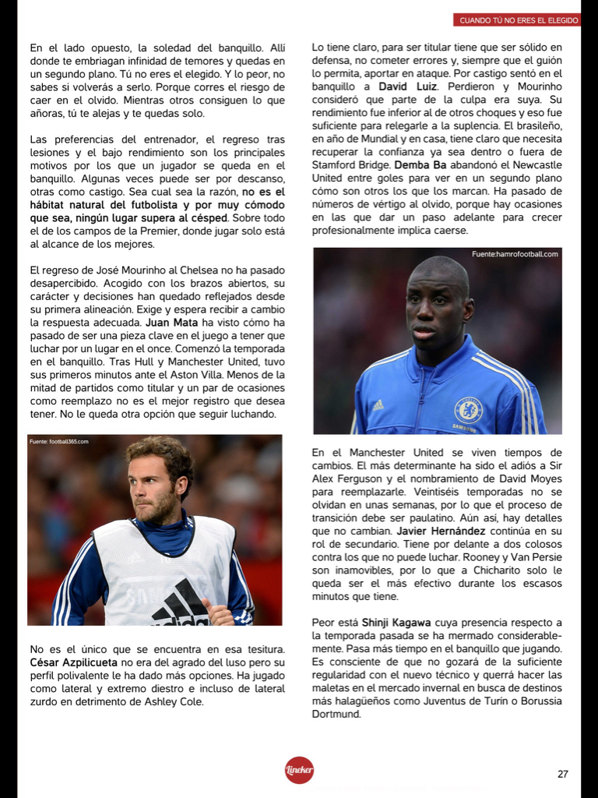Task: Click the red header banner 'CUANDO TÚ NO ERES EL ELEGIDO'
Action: (517, 19)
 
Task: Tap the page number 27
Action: (563, 774)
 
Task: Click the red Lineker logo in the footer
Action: (299, 770)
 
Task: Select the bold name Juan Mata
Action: (170, 322)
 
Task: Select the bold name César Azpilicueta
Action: (70, 662)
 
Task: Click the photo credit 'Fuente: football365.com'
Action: (59, 442)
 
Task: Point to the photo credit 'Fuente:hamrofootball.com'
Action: (515, 254)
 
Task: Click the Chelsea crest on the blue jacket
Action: (468, 408)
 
